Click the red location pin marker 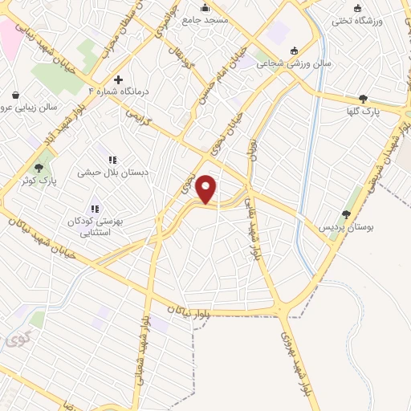coord(206,189)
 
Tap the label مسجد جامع coord(205,18)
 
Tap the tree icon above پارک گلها coord(363,99)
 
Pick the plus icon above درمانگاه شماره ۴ coord(118,79)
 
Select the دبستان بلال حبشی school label coord(110,172)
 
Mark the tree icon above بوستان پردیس coord(346,214)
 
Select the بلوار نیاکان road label coord(190,309)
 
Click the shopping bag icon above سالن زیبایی coord(16,94)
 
